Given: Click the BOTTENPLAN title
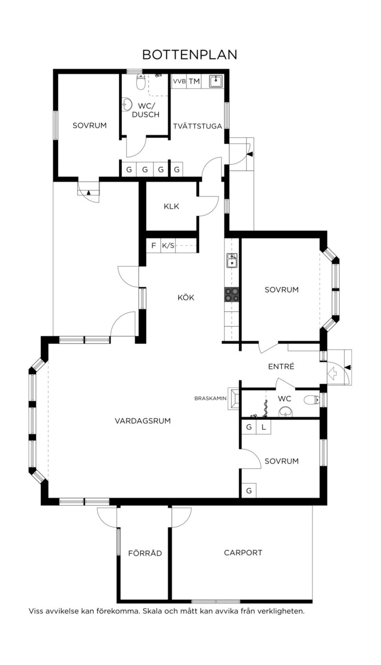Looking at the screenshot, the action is (x=190, y=55).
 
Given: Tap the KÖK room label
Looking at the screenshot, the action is (x=186, y=297).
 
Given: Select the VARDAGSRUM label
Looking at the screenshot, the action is (x=143, y=421).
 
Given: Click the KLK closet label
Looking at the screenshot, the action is (x=171, y=207).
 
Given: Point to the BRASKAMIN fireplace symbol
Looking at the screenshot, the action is (x=234, y=398).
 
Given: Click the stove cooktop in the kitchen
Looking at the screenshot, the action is (x=231, y=295).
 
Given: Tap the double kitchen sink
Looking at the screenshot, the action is (x=232, y=261).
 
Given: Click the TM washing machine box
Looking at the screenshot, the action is (x=194, y=81).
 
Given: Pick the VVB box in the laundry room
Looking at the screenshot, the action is (x=179, y=81).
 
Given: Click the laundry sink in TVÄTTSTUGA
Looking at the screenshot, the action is (x=216, y=82).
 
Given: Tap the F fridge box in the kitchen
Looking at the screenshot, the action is (x=154, y=246).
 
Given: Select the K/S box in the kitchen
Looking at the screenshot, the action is (x=168, y=246).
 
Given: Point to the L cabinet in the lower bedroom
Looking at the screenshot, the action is (x=264, y=427).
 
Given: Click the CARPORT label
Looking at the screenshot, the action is (x=243, y=553).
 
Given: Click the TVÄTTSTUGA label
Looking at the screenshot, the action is (x=197, y=126).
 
